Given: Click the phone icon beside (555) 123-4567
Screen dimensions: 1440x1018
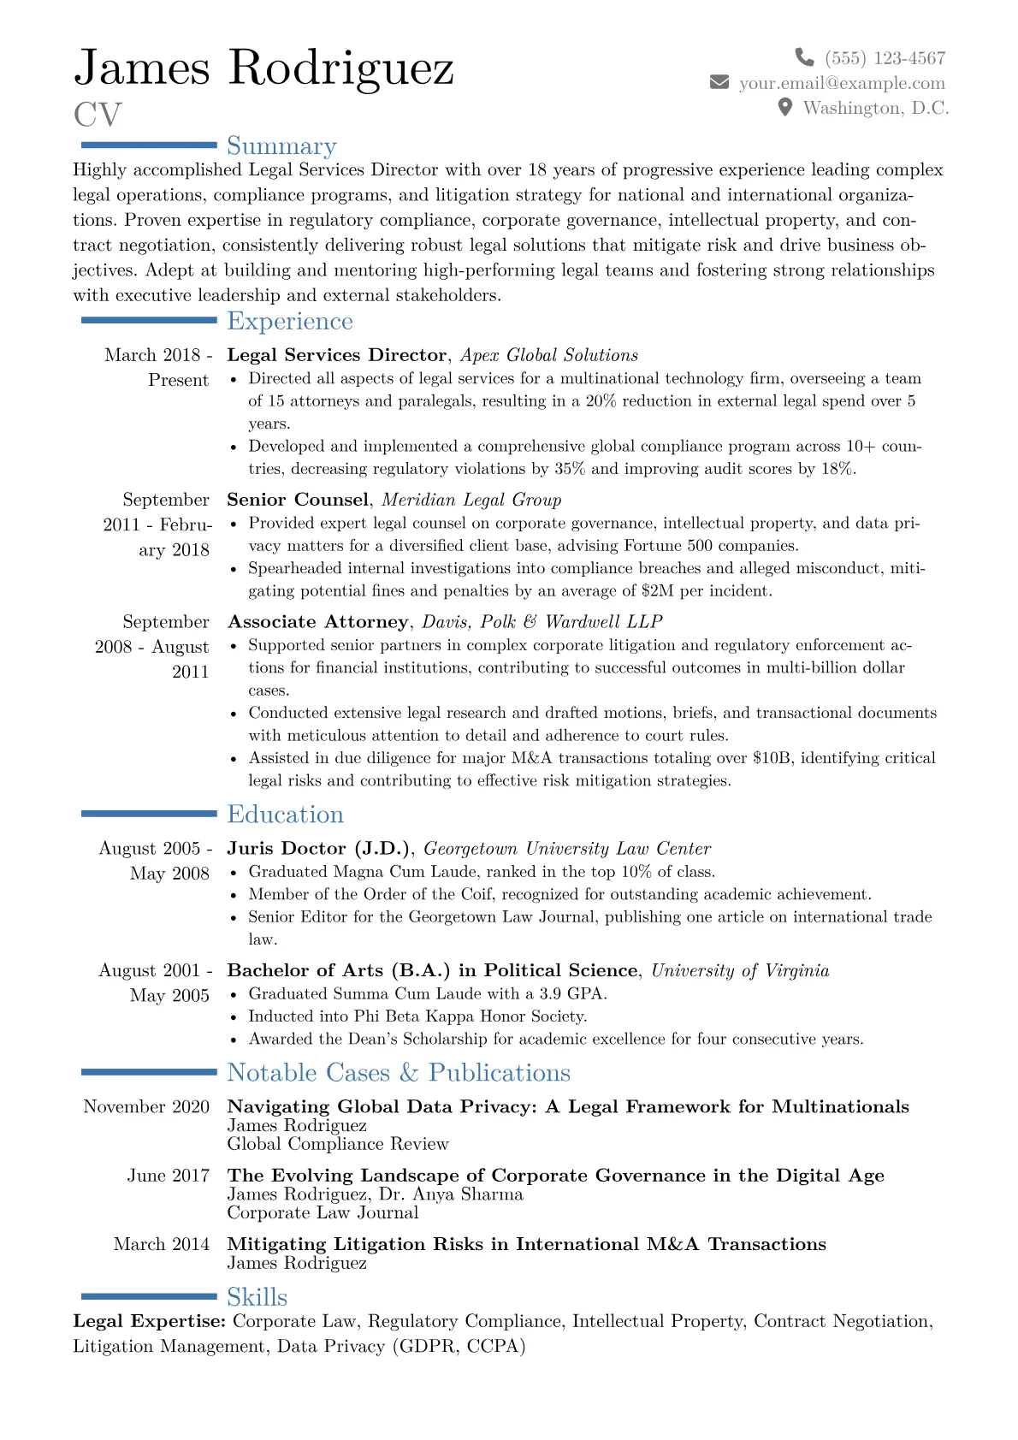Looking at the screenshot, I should coord(804,57).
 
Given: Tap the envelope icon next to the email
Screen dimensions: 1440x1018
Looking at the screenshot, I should coord(719,82).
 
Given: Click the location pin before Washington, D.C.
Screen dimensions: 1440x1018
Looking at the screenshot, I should coord(785,108).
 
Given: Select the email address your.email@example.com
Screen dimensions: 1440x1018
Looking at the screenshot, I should coord(842,83).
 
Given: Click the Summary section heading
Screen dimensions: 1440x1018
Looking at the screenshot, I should coord(281,146).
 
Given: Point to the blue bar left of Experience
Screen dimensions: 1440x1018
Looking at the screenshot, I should coord(149,320).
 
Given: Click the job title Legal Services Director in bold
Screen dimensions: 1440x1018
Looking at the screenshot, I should coord(336,355).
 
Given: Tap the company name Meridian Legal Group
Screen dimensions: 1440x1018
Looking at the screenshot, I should coord(471,500).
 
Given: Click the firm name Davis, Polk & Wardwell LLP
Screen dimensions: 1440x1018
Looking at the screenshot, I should coord(542,622).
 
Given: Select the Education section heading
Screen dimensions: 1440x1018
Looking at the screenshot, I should coord(285,815).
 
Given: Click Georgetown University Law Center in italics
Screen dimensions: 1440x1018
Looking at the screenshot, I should coord(567,849).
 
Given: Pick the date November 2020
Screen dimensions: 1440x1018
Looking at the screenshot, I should coord(146,1107).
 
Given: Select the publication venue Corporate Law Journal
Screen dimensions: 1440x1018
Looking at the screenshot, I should coord(323,1213).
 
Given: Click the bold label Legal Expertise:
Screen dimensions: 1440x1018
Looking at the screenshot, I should coord(150,1322).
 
